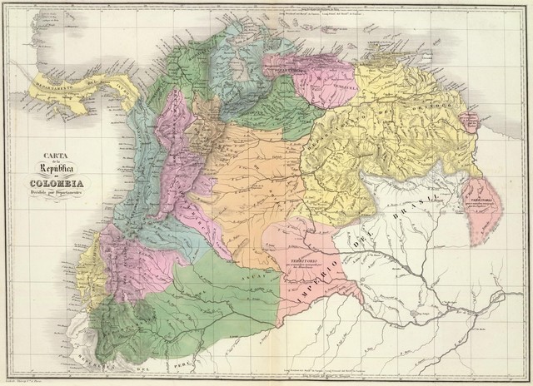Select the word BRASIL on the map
point(416,208)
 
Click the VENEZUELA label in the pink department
point(343,83)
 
